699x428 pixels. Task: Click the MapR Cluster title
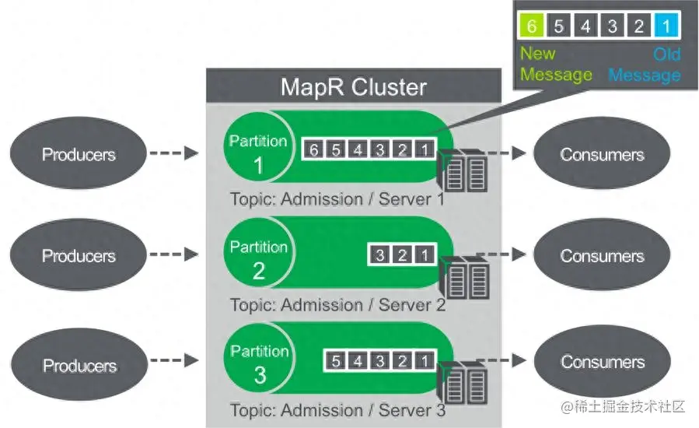(x=354, y=86)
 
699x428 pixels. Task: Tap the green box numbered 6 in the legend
(x=532, y=26)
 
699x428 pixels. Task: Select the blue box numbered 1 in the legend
(x=666, y=26)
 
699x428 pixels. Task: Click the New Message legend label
(x=557, y=64)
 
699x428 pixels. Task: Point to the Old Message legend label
(x=645, y=65)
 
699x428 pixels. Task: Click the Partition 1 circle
(x=259, y=147)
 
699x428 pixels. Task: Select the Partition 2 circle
(x=259, y=253)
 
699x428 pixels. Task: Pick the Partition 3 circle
(x=259, y=358)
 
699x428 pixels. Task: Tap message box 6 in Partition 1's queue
(x=314, y=149)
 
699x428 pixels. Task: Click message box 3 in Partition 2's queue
(x=379, y=254)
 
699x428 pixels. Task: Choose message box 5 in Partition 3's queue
(x=336, y=360)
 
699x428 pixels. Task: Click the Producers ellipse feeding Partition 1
(x=79, y=153)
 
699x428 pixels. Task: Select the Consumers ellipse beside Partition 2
(x=602, y=254)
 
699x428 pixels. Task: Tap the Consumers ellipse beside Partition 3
(x=603, y=362)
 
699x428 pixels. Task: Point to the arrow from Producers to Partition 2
(x=174, y=254)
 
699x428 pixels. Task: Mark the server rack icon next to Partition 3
(x=463, y=382)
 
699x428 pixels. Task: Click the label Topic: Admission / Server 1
(x=337, y=199)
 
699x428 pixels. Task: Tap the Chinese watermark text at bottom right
(x=623, y=406)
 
